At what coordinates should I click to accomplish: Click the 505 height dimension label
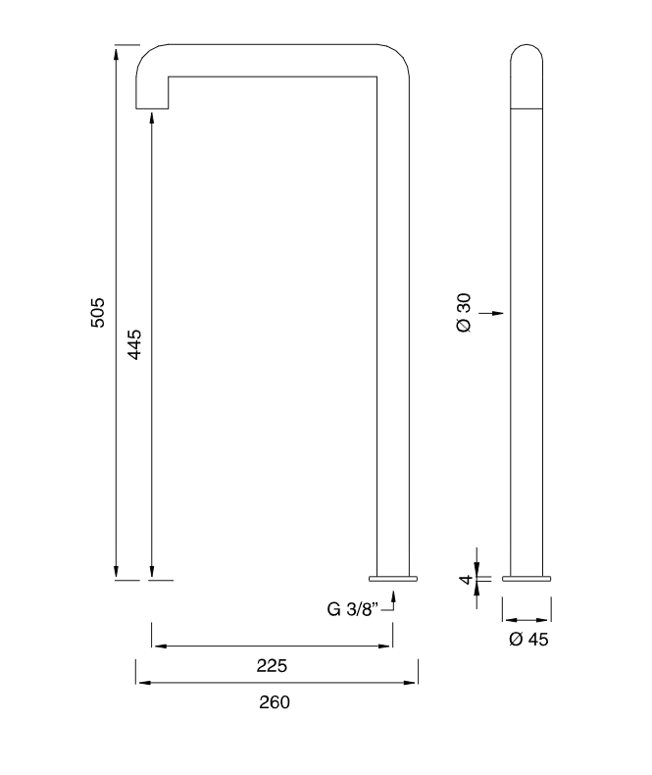97,312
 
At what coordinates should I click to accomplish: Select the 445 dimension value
134,344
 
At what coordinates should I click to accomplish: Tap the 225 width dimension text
272,666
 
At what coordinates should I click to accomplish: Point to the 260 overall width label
275,702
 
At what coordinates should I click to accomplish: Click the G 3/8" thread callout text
353,609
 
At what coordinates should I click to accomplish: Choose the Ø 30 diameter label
465,313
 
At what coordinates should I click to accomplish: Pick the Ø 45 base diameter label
528,639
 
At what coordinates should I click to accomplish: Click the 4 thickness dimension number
467,579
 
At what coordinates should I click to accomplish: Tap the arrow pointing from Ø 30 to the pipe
491,313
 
